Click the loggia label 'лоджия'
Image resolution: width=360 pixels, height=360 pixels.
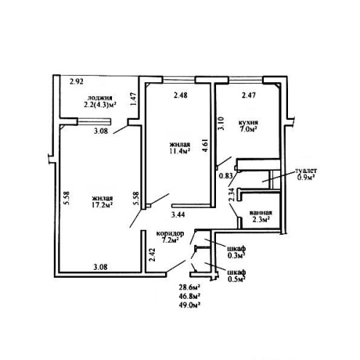100,98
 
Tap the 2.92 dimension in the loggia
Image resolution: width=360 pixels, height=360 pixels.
77,82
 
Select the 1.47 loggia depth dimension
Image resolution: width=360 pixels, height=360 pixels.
134,99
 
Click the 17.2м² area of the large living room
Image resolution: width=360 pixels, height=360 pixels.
102,205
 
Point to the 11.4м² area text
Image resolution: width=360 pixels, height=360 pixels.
179,150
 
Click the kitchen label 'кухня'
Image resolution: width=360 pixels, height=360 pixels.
249,122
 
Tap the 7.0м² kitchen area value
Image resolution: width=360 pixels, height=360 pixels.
249,129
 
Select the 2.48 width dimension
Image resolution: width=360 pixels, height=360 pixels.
180,95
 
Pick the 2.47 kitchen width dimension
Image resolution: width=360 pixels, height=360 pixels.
248,95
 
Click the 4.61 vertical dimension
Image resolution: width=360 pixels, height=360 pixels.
205,146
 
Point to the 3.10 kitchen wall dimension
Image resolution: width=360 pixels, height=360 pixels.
221,123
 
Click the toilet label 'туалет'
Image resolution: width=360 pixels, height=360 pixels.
306,171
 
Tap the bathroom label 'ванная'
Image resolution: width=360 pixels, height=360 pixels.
261,213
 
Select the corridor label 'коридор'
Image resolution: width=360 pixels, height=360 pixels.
170,233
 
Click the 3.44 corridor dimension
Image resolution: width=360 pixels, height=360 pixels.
178,214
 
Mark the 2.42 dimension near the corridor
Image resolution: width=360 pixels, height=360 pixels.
153,255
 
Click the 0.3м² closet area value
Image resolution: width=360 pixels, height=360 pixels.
237,255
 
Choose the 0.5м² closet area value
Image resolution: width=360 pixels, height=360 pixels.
237,279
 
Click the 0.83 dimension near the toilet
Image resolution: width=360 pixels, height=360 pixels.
225,176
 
